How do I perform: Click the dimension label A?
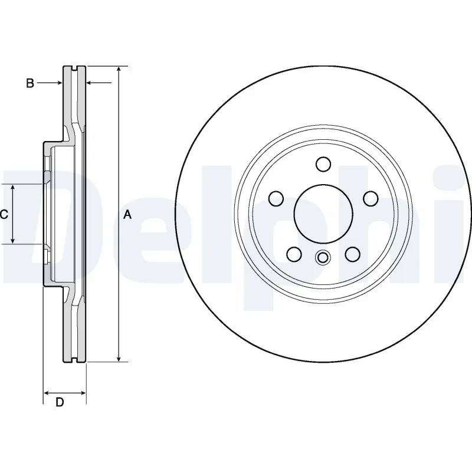[127, 215]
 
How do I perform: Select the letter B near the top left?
[29, 83]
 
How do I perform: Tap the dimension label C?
[4, 215]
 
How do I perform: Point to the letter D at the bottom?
[60, 402]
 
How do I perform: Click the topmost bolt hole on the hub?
[323, 163]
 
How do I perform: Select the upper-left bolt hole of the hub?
[276, 199]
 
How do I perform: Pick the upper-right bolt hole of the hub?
[370, 199]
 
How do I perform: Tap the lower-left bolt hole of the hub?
[294, 254]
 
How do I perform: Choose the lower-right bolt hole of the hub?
[352, 254]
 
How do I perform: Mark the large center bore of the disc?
[323, 214]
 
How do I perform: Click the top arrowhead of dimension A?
[119, 70]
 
